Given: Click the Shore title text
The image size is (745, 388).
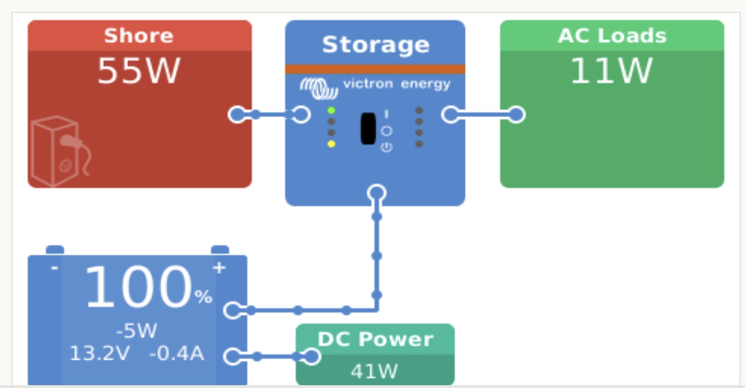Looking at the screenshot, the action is [139, 36].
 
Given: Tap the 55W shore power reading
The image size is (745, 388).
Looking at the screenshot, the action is [139, 71].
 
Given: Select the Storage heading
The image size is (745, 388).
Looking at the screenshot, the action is [376, 45].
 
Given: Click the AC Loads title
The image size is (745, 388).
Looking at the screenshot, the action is [612, 36].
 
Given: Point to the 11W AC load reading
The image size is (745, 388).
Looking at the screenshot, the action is [611, 71].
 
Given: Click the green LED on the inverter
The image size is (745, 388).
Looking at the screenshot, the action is [331, 110].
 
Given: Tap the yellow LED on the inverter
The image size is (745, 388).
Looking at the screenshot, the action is [331, 144].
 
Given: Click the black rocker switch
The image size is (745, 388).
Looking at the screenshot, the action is [368, 128].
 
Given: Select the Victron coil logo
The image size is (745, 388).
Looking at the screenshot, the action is [318, 88].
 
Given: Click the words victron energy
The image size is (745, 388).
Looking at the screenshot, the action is [397, 84].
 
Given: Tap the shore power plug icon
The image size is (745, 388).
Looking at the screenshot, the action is [60, 151].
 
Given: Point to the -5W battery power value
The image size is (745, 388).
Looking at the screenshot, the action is [137, 330].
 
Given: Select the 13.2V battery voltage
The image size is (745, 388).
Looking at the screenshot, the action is [100, 353].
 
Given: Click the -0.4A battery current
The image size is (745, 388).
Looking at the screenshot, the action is [176, 353].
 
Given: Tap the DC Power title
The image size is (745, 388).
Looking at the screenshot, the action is [376, 339].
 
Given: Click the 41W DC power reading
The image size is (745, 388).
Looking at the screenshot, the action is [375, 371].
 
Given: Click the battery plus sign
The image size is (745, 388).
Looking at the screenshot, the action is [219, 268].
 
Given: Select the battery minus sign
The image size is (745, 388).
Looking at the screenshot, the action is [54, 267].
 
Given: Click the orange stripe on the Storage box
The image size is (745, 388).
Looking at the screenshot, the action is [375, 69].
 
